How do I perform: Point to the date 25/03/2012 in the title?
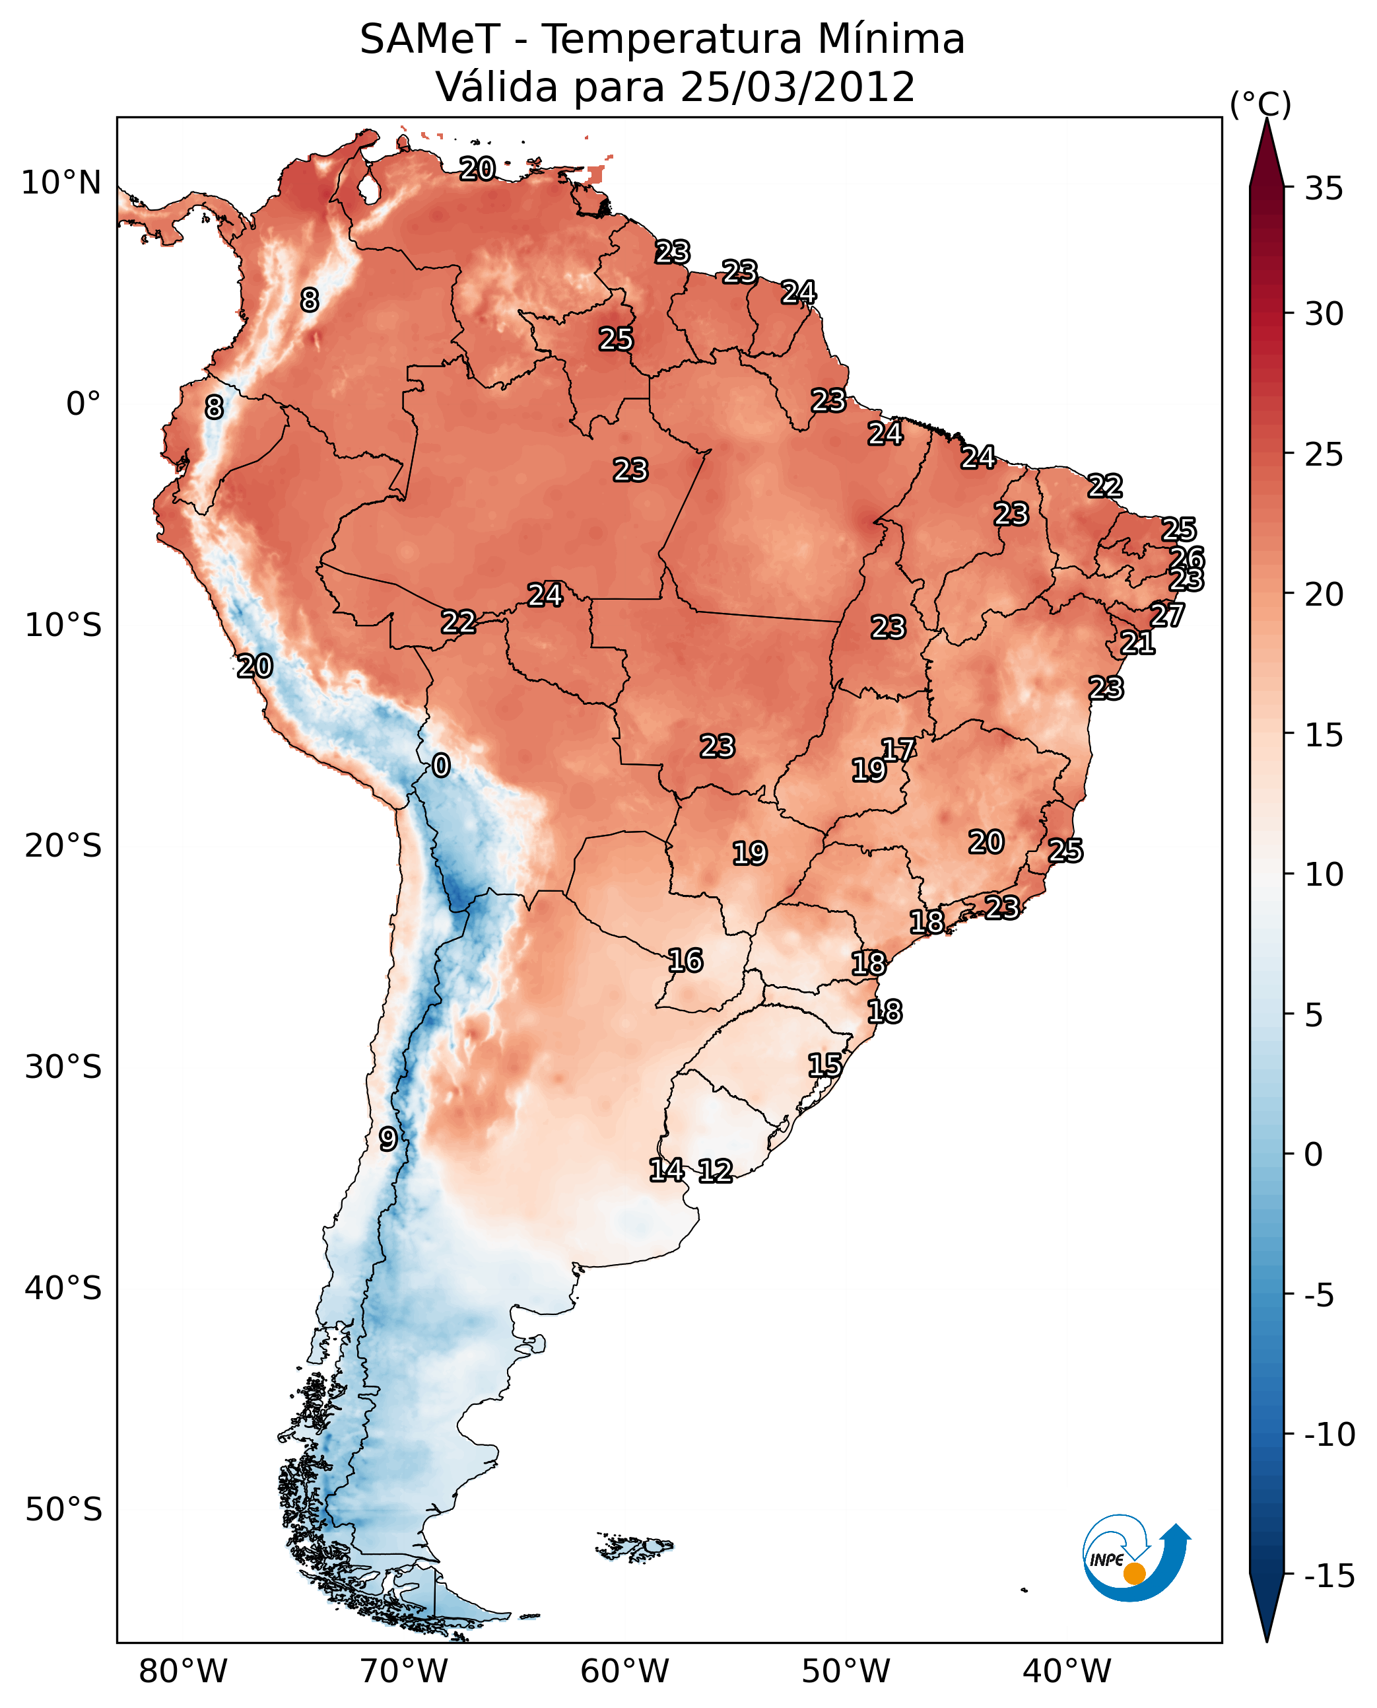pos(797,87)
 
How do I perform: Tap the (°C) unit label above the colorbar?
pos(1260,104)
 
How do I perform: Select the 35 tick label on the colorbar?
pos(1324,188)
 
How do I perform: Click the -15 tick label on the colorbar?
pos(1329,1577)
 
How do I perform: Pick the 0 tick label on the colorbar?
pos(1314,1154)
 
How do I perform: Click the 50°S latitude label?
pos(63,1509)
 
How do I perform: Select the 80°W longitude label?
pos(184,1671)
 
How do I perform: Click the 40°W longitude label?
pos(1067,1671)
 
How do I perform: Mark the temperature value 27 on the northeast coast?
pos(1168,615)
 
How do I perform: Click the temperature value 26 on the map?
pos(1188,558)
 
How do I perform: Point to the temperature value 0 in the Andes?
pos(441,765)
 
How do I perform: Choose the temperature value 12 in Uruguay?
pos(716,1170)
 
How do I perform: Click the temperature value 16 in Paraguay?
pos(685,960)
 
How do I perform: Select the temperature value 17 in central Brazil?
pos(898,749)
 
